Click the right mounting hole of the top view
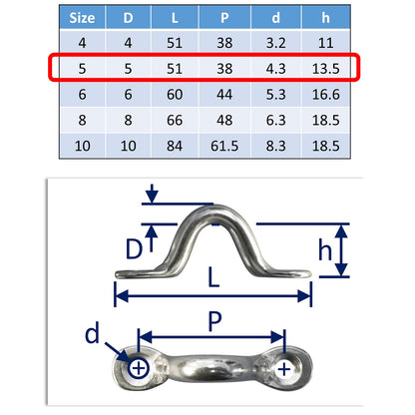[285, 369]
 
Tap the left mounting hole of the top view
[138, 370]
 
